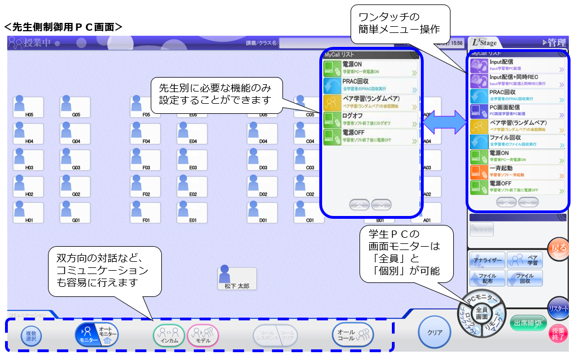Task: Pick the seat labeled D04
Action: pos(263,133)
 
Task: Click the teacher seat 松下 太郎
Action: pos(237,279)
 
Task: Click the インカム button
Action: pos(169,335)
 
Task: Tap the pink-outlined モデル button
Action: pos(203,335)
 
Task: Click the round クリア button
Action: pos(435,333)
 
